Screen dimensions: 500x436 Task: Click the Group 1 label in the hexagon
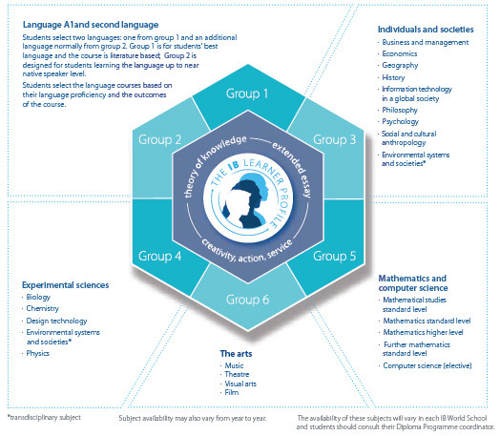pos(247,93)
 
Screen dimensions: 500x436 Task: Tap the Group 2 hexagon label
pos(159,140)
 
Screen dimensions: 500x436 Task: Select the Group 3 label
pos(334,139)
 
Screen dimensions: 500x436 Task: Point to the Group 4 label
pos(159,256)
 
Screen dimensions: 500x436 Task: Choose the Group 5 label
pos(334,256)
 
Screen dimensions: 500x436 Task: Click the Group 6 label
pos(247,300)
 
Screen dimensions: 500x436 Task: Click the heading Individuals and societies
pos(426,30)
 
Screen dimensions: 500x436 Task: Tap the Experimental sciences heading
pos(66,285)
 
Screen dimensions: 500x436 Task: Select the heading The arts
pos(236,353)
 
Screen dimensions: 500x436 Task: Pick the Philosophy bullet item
pos(400,111)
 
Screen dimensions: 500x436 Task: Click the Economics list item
pos(400,53)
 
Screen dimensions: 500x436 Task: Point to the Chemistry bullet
pos(42,308)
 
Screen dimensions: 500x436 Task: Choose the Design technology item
pos(56,321)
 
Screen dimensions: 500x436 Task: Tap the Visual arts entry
pos(240,384)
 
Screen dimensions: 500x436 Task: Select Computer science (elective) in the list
pos(427,365)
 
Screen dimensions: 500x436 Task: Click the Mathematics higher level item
pos(423,332)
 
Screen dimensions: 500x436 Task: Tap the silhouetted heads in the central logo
pos(245,203)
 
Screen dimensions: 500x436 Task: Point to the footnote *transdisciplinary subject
pos(44,417)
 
